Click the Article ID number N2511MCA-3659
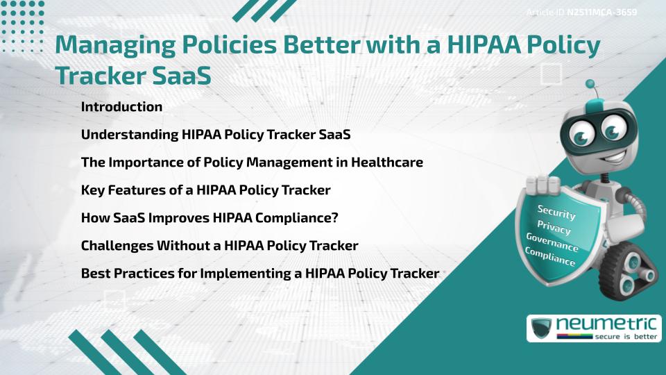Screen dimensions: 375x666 (x=602, y=12)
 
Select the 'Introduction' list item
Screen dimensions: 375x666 (x=121, y=107)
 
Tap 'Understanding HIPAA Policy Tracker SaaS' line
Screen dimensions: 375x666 (x=215, y=135)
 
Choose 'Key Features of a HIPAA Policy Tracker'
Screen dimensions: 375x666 (x=205, y=190)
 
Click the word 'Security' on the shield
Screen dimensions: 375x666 (x=556, y=212)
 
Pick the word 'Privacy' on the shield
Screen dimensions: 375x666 (x=554, y=228)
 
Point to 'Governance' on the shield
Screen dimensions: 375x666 (x=552, y=242)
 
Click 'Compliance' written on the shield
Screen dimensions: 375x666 (x=549, y=257)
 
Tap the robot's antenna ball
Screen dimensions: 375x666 (x=591, y=84)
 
